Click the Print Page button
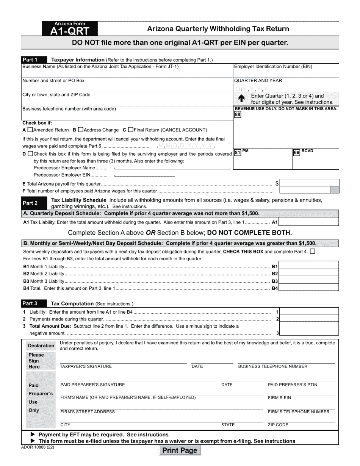180,450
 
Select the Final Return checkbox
131,130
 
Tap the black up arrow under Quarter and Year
241,99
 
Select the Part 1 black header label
34,59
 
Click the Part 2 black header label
34,203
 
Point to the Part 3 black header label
34,303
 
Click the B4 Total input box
308,288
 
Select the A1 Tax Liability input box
308,222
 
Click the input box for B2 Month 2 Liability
308,274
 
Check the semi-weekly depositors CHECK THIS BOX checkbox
312,251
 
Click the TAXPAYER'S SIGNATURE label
86,366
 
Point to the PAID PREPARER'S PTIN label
293,385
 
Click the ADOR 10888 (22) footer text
35,447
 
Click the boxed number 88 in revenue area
238,115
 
